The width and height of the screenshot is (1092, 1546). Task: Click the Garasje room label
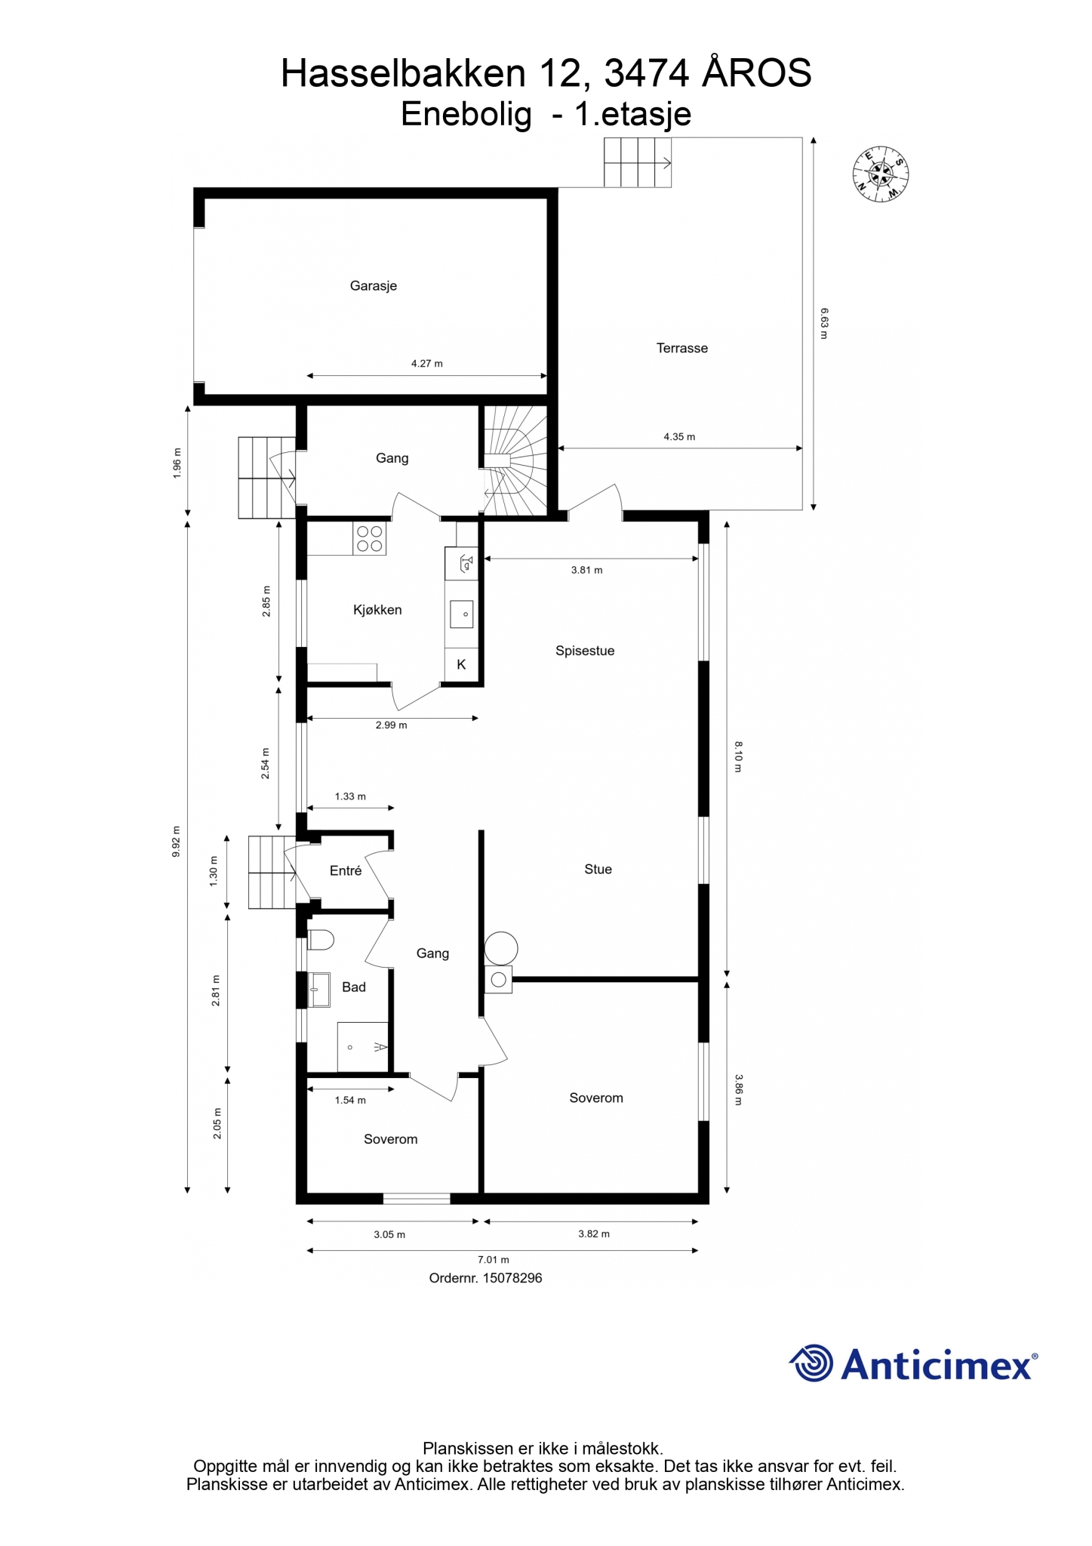(x=373, y=286)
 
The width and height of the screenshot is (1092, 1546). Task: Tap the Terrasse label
(x=681, y=348)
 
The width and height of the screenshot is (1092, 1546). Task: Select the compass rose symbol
(x=880, y=174)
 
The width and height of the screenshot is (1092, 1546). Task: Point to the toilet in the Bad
(x=321, y=940)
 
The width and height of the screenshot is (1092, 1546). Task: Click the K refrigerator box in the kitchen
(x=461, y=664)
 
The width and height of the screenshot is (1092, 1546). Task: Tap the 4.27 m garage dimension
(x=426, y=364)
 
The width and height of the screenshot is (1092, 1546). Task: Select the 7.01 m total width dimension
(x=494, y=1260)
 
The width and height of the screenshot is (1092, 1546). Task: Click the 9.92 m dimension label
(x=176, y=842)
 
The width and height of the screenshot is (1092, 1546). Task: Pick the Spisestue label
(x=585, y=651)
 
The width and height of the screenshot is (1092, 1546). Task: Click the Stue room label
(x=598, y=870)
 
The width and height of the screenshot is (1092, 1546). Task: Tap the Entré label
(x=346, y=871)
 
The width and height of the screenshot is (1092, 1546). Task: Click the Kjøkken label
(x=377, y=610)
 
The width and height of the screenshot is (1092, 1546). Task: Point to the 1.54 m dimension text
(x=350, y=1101)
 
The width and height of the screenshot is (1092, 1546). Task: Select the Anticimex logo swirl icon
(x=811, y=1363)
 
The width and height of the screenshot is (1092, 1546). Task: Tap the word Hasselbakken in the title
(x=403, y=74)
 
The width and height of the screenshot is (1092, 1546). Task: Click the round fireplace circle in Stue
(x=501, y=948)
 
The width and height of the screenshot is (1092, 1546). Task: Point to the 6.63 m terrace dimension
(x=824, y=323)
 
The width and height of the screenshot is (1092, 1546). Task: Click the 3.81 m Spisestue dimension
(x=586, y=571)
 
